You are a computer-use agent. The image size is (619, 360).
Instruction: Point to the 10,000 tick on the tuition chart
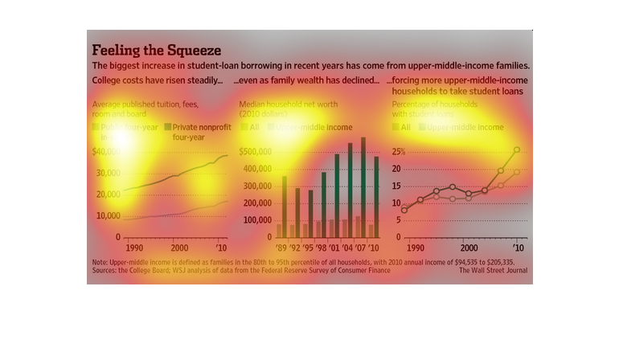click(x=108, y=215)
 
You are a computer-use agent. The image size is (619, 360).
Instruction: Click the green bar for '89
click(x=284, y=206)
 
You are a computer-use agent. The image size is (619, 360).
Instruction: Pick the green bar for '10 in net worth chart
click(x=376, y=196)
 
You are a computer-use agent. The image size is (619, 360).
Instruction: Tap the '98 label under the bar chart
click(x=322, y=247)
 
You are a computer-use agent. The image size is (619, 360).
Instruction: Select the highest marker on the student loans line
click(x=517, y=149)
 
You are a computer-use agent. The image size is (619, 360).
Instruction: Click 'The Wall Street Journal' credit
click(x=494, y=271)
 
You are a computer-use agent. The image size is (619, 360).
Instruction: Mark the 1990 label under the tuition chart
click(x=134, y=247)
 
